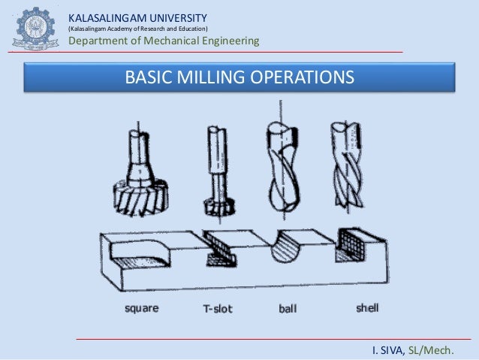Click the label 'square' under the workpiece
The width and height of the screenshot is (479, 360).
[x=141, y=308]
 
